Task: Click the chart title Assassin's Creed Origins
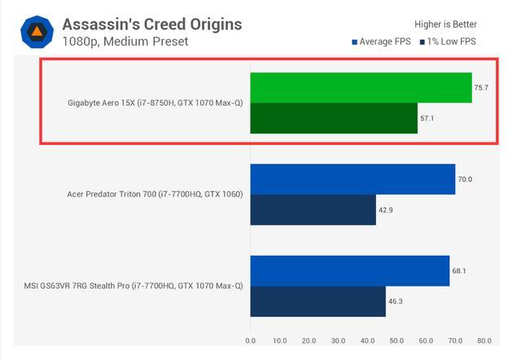[x=151, y=24]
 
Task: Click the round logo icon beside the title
[x=37, y=32]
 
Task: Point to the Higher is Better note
[x=445, y=24]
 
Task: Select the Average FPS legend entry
[x=382, y=42]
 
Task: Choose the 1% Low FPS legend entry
[x=448, y=42]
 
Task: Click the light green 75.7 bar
[x=361, y=88]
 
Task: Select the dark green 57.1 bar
[x=334, y=118]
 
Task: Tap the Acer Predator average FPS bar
[x=352, y=179]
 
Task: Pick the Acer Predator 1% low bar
[x=313, y=209]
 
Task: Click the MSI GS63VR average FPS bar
[x=349, y=270]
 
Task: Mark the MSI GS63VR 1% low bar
[x=317, y=301]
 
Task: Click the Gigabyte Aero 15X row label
[x=155, y=103]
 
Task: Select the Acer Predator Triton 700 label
[x=155, y=195]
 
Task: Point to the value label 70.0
[x=466, y=179]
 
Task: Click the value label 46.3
[x=396, y=301]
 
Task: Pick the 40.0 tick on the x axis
[x=367, y=341]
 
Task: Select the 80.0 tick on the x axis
[x=484, y=341]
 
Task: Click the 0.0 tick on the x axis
[x=251, y=341]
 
